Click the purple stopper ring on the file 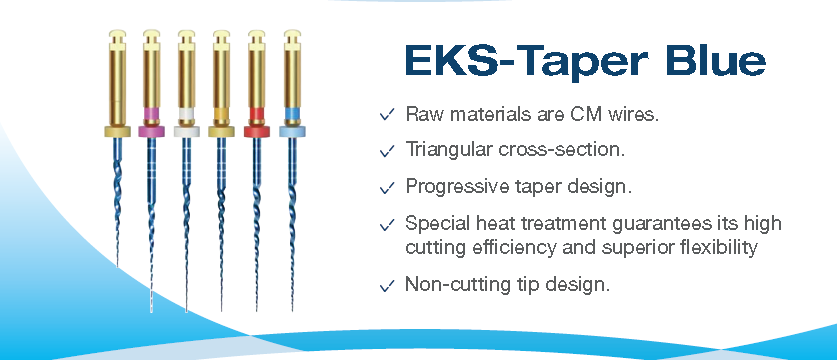point(151,130)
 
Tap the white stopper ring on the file point(186,130)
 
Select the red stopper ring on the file point(256,130)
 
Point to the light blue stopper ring point(291,131)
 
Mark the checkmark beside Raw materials point(385,115)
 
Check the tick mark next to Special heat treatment point(385,223)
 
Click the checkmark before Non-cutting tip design point(385,286)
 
